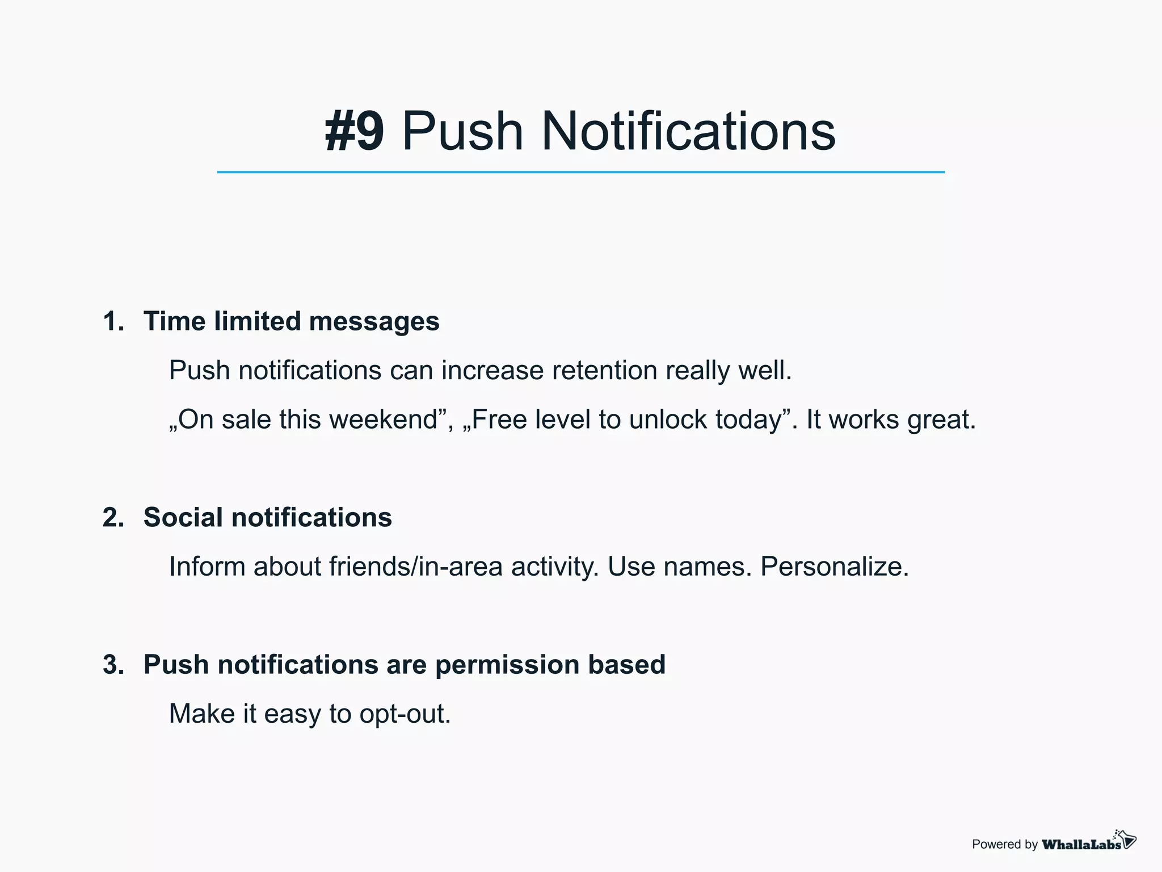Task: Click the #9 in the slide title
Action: pyautogui.click(x=354, y=132)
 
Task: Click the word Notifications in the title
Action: pyautogui.click(x=688, y=132)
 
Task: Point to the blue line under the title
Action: pyautogui.click(x=580, y=172)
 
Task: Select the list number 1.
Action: pyautogui.click(x=113, y=321)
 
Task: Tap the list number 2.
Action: pyautogui.click(x=113, y=518)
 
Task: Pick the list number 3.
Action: pyautogui.click(x=113, y=665)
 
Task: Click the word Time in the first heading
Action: pyautogui.click(x=174, y=321)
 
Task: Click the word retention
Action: pyautogui.click(x=604, y=371)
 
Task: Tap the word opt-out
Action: pyautogui.click(x=405, y=714)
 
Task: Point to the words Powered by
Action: pyautogui.click(x=1004, y=844)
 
